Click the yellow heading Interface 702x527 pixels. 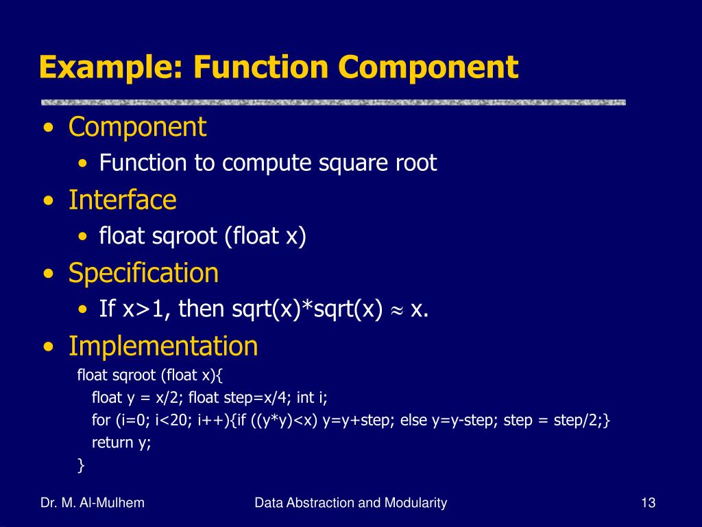[x=122, y=200]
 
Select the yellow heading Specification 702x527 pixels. [x=143, y=273]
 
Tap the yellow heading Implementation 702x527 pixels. [x=163, y=346]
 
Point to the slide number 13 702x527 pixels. [x=649, y=503]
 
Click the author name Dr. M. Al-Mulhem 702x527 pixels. [x=93, y=503]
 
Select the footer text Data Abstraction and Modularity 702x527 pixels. [x=350, y=503]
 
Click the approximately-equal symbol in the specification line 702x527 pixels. [x=396, y=310]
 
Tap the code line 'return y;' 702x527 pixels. [x=121, y=443]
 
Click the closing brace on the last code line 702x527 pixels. [x=82, y=466]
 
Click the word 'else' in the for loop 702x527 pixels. [x=413, y=420]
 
